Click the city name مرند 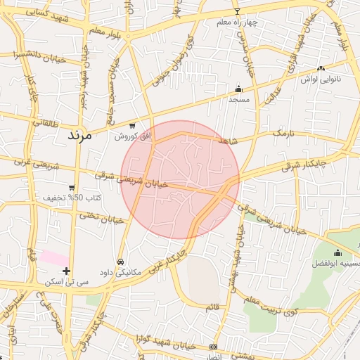tap(79, 136)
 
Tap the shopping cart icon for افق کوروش tap(132, 126)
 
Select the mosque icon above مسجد tap(238, 89)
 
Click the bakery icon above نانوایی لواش tap(321, 69)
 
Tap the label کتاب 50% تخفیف tap(72, 198)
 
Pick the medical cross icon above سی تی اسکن tap(66, 271)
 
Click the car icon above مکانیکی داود tap(120, 261)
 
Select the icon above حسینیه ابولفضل tap(337, 253)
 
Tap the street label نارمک tap(282, 132)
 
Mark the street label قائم tap(212, 308)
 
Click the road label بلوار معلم tap(110, 32)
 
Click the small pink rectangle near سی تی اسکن tap(53, 257)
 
